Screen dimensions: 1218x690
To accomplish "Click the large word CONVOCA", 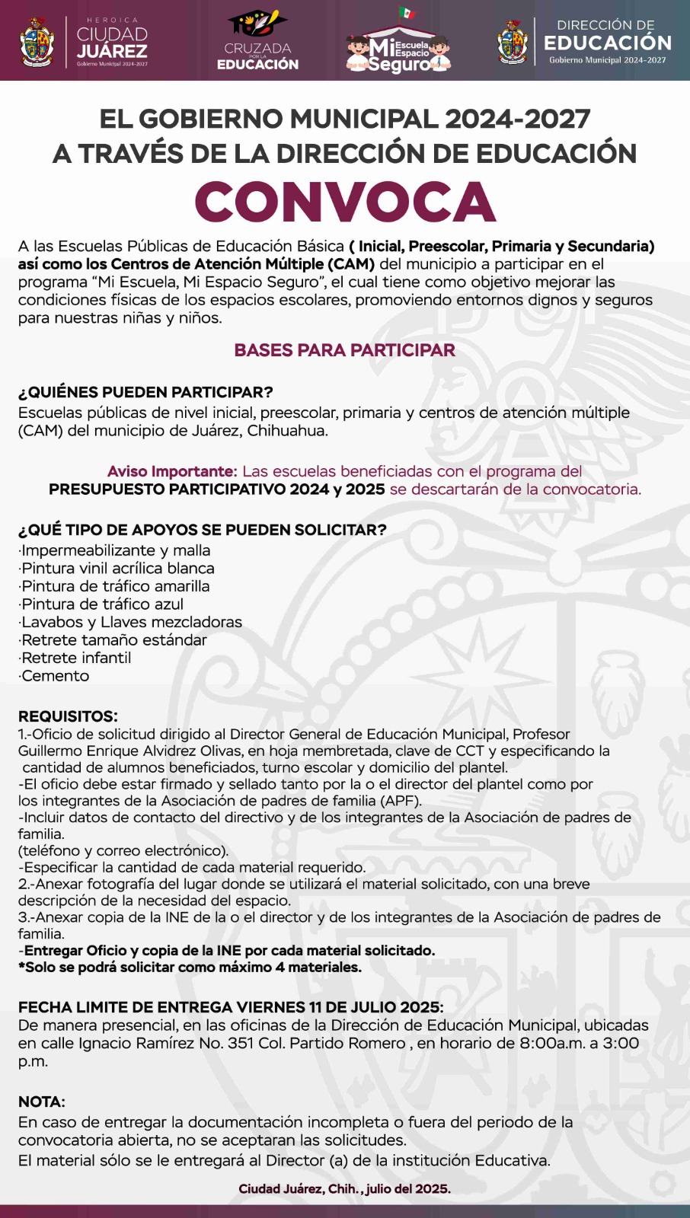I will pos(345,202).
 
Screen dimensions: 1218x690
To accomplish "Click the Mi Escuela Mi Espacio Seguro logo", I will pos(398,46).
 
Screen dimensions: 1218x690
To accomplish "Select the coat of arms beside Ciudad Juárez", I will pos(37,42).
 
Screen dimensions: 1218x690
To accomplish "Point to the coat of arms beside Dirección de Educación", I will pos(513,42).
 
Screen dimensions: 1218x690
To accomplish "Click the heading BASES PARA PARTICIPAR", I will pos(344,350).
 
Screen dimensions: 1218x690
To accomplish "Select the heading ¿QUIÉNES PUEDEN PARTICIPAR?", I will pos(145,393).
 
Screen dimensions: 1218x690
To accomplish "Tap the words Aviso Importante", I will pos(172,471).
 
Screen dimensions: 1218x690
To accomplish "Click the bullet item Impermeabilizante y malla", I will pos(115,550).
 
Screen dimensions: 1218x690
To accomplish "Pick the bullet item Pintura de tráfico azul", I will pos(102,604).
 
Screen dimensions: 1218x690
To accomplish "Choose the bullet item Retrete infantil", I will pos(75,658).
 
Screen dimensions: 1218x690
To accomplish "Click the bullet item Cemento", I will pos(55,676).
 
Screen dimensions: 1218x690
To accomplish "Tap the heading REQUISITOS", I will pos(68,716).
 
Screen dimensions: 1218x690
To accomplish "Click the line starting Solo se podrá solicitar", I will pos(190,968).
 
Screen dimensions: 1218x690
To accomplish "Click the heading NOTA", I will pos(42,1102).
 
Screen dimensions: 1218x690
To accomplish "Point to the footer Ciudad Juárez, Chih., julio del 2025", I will pos(344,1188).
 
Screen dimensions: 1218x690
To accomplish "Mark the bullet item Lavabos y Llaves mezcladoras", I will pos(131,622).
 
